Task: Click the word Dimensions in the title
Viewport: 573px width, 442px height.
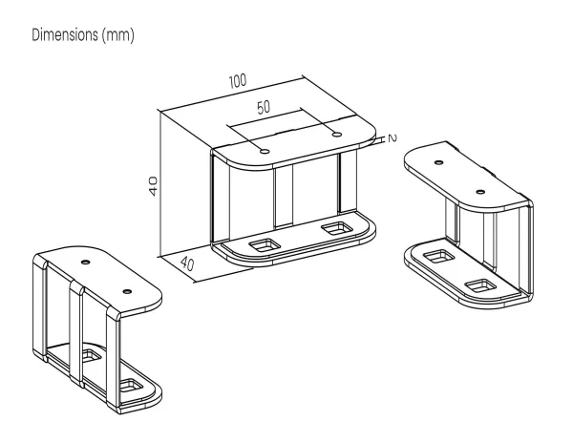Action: (x=65, y=35)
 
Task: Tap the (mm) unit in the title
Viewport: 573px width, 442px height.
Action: (x=118, y=35)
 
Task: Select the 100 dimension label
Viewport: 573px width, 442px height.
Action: (x=238, y=81)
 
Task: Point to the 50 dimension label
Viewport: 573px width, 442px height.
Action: (x=264, y=107)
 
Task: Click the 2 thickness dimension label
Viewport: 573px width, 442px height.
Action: (x=393, y=138)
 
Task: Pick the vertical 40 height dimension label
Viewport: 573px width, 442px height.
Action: (x=153, y=186)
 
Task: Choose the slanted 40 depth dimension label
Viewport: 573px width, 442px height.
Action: (x=187, y=263)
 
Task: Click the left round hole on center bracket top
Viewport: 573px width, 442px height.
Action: (x=265, y=151)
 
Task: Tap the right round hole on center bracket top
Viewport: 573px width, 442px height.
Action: (x=336, y=135)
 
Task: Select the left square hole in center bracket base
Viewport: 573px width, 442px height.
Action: (x=264, y=245)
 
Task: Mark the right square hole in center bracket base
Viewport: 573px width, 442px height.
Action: (x=336, y=228)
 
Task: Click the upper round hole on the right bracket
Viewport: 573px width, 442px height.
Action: (x=439, y=162)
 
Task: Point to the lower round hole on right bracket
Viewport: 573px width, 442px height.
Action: (x=481, y=192)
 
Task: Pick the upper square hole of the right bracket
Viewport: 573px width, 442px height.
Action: (x=440, y=257)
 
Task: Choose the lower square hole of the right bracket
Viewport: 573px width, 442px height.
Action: (x=482, y=285)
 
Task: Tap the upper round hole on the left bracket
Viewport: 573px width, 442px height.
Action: (x=86, y=262)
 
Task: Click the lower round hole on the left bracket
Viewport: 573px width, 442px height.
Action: (x=127, y=291)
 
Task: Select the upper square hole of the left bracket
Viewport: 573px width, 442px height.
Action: (x=92, y=355)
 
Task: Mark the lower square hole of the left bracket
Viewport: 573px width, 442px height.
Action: (x=132, y=386)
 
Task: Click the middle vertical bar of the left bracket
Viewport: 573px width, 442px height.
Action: (x=76, y=333)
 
